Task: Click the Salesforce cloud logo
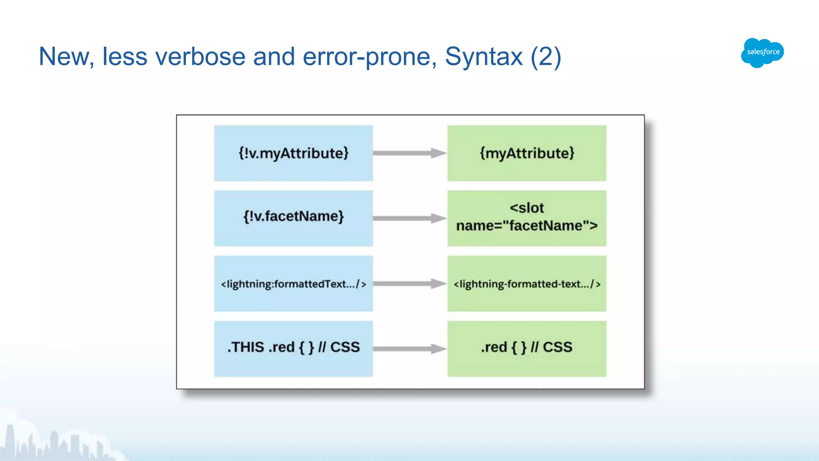[x=762, y=52]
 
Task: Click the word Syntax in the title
[x=483, y=56]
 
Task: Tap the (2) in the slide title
[x=546, y=56]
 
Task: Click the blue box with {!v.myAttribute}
[x=293, y=153]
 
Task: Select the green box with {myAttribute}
[x=527, y=153]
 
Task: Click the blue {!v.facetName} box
[x=293, y=218]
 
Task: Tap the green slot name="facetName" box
[x=527, y=218]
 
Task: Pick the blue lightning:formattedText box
[x=293, y=284]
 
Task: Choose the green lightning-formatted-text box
[x=527, y=284]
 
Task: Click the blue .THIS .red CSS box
[x=293, y=349]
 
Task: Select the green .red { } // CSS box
[x=527, y=349]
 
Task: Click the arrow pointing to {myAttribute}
[x=409, y=153]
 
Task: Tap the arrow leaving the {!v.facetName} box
[x=409, y=218]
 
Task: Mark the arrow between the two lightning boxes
[x=409, y=284]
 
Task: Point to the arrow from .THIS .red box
[x=409, y=349]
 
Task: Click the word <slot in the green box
[x=527, y=208]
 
